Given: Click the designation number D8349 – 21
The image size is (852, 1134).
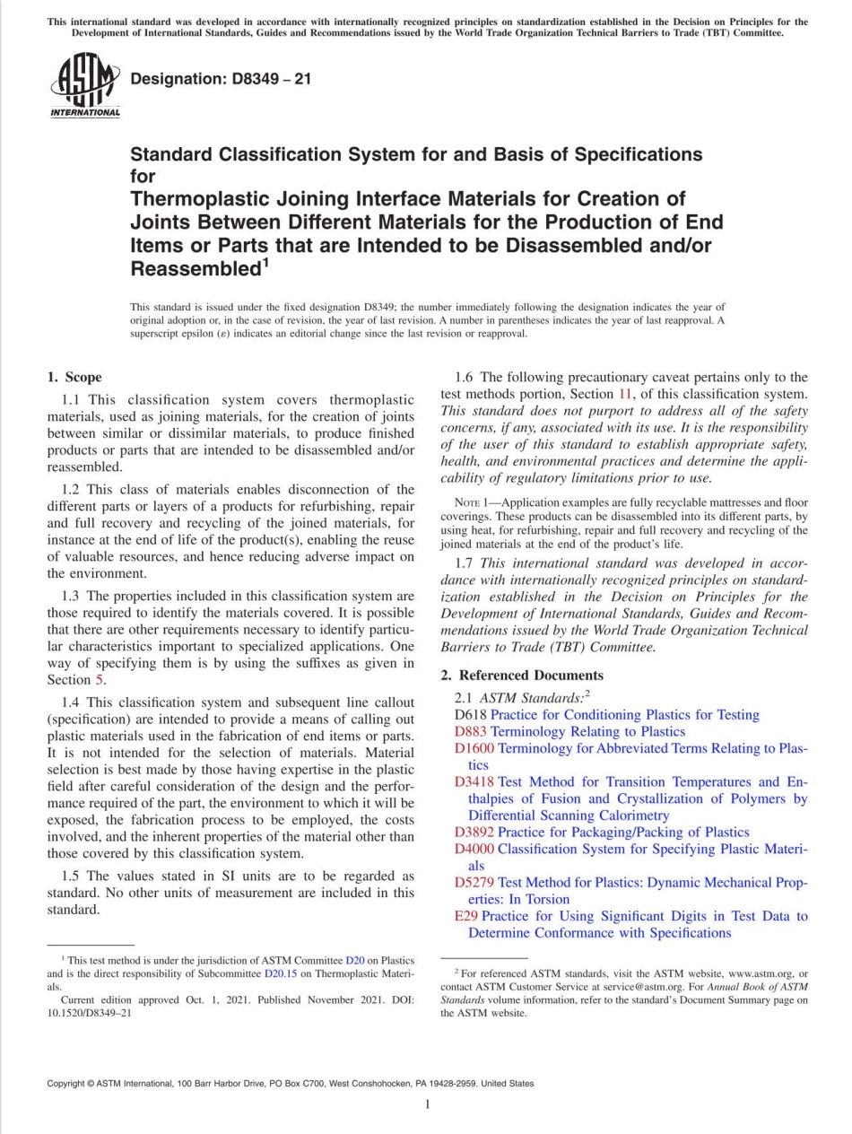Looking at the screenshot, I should click(221, 79).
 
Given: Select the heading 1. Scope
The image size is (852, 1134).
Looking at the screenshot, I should click(74, 377).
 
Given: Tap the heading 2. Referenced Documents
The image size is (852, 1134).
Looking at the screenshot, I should click(522, 675).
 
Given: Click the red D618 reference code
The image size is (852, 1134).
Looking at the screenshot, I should click(471, 715).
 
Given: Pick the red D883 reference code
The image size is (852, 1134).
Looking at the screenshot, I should click(471, 731).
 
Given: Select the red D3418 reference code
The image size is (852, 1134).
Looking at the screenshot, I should click(474, 781).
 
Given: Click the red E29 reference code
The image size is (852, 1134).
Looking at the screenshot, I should click(465, 916).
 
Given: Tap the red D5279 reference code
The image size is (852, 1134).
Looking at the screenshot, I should click(474, 882).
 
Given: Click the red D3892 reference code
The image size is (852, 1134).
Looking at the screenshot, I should click(474, 832).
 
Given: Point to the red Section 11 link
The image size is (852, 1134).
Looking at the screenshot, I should click(625, 394).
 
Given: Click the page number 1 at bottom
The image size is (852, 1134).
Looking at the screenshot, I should click(427, 1104).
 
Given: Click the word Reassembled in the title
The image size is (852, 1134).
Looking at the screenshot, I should click(194, 268).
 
